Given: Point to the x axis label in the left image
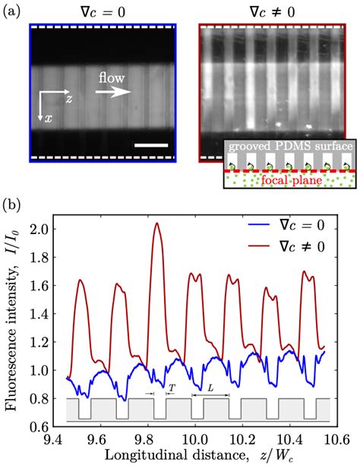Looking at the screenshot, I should pyautogui.click(x=40, y=119).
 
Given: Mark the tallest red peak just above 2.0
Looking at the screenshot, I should pyautogui.click(x=157, y=223).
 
